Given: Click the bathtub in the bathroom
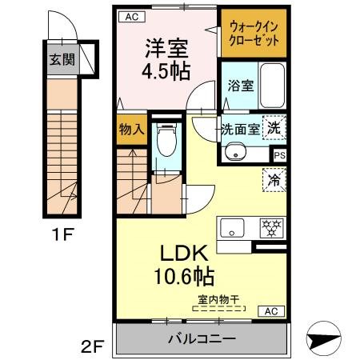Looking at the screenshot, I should (x=272, y=84).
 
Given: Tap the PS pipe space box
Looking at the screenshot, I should (x=279, y=155).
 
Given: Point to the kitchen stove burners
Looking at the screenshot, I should (x=273, y=228).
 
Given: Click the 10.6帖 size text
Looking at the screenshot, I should (x=185, y=278).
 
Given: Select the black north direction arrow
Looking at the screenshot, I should (x=330, y=340).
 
